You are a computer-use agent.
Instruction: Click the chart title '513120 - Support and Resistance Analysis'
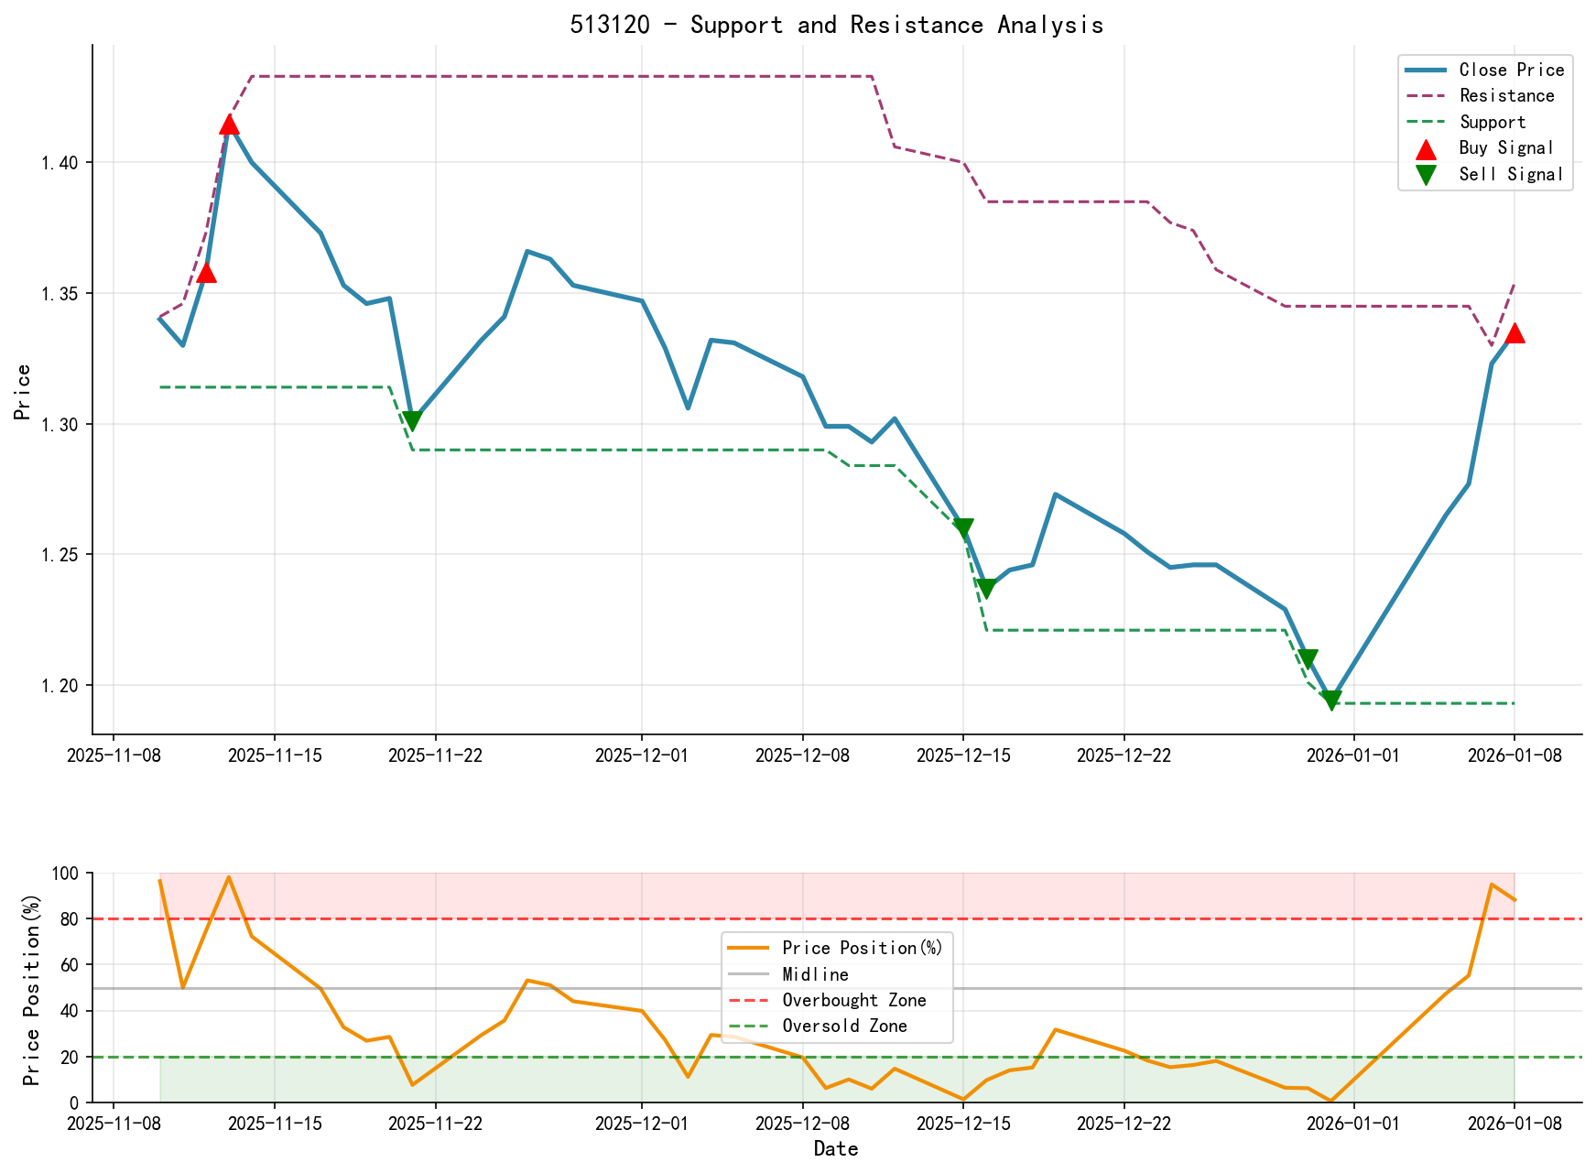coord(836,25)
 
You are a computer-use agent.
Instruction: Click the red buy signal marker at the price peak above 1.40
coord(229,125)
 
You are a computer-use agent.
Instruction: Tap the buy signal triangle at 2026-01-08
coord(1515,333)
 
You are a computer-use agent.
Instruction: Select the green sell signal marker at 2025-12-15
coord(962,528)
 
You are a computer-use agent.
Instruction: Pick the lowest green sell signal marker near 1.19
coord(1331,700)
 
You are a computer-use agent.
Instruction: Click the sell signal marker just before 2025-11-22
coord(412,421)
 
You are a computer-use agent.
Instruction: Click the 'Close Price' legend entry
coord(1511,70)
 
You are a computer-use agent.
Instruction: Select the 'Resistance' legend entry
coord(1506,96)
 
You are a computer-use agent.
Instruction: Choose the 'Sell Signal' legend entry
coord(1511,174)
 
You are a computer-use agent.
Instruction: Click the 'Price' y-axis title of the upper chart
coord(23,392)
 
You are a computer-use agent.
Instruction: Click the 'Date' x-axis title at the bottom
coord(836,1148)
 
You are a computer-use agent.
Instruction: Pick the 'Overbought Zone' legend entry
coord(853,1000)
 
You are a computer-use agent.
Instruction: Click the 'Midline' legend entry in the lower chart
coord(815,974)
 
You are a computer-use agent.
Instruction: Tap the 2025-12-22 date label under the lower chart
coord(1124,1124)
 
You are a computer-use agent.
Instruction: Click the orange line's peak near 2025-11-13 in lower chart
coord(229,877)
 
